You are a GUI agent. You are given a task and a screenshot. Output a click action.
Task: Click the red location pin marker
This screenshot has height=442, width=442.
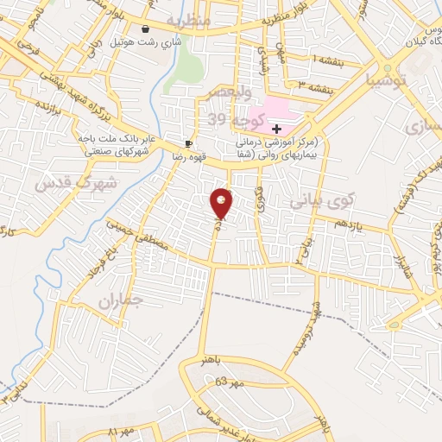[222, 202]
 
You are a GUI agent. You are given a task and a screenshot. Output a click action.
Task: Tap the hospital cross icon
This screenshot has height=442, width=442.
[277, 128]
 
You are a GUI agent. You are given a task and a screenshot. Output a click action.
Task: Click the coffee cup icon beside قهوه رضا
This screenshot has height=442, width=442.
[188, 144]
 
